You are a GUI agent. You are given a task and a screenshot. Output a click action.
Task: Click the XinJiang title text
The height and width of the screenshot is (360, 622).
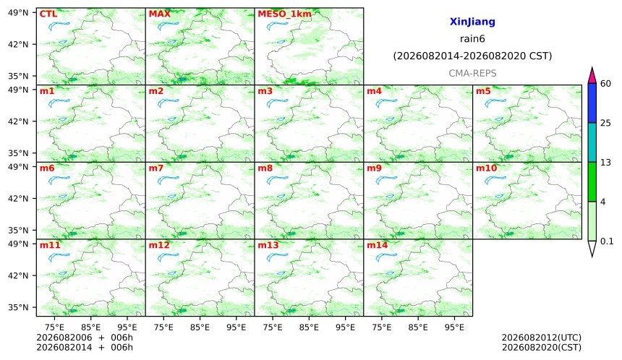(x=472, y=22)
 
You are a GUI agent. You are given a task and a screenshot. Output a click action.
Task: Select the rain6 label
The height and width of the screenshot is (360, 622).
(x=472, y=39)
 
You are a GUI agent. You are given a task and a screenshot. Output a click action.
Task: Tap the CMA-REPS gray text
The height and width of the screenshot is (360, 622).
(x=472, y=73)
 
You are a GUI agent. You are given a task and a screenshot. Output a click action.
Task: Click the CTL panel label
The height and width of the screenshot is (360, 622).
(x=48, y=14)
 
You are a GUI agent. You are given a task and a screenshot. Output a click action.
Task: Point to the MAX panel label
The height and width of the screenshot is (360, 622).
(x=159, y=14)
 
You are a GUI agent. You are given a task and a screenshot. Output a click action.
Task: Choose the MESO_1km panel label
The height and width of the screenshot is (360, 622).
(x=284, y=14)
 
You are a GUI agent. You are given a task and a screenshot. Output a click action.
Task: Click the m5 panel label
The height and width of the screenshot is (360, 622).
(x=483, y=91)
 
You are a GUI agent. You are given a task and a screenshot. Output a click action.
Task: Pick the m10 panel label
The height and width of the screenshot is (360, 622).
(x=486, y=168)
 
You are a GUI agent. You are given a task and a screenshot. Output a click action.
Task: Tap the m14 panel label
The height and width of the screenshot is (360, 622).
(x=378, y=245)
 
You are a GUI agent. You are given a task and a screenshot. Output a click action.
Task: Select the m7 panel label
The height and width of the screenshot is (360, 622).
(x=156, y=168)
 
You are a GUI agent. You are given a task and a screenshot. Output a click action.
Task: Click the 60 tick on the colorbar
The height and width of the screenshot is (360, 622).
(x=605, y=84)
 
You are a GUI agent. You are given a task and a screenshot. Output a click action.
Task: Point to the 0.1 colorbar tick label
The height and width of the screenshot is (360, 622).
(x=607, y=241)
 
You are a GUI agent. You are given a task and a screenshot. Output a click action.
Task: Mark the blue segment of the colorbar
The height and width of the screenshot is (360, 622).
(x=592, y=103)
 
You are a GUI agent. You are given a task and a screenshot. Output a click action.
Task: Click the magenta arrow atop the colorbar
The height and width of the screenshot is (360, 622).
(x=592, y=75)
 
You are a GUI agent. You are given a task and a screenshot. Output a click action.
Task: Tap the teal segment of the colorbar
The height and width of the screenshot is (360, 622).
(x=592, y=142)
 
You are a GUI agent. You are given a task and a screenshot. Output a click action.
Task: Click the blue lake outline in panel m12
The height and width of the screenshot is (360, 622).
(x=168, y=258)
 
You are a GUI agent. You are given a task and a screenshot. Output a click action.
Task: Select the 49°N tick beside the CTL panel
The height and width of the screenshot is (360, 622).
(x=18, y=13)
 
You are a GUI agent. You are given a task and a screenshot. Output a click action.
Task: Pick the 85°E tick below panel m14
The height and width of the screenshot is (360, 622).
(x=418, y=327)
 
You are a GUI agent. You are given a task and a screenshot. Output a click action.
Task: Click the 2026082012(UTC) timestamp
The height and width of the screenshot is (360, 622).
(x=542, y=338)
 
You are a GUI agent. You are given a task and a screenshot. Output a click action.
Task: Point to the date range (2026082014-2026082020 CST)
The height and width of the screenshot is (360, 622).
(x=472, y=56)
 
